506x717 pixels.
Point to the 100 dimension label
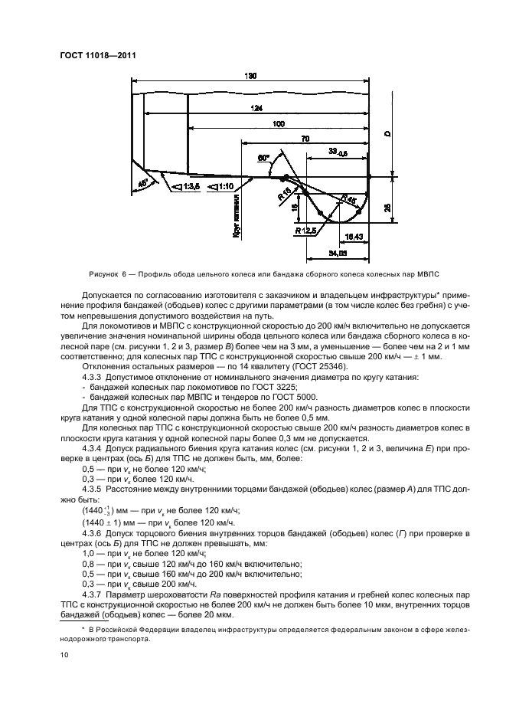[x=278, y=123]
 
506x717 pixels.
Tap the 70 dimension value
[x=305, y=139]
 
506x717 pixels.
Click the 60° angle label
[x=264, y=158]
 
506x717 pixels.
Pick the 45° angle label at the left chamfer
[x=142, y=182]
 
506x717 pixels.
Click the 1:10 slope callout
[x=222, y=186]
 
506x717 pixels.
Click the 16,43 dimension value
[x=354, y=236]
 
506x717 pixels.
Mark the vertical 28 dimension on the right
[x=387, y=207]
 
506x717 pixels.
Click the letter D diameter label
[x=387, y=135]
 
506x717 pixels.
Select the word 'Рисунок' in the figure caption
[x=104, y=273]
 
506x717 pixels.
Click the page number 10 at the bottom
[x=64, y=655]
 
